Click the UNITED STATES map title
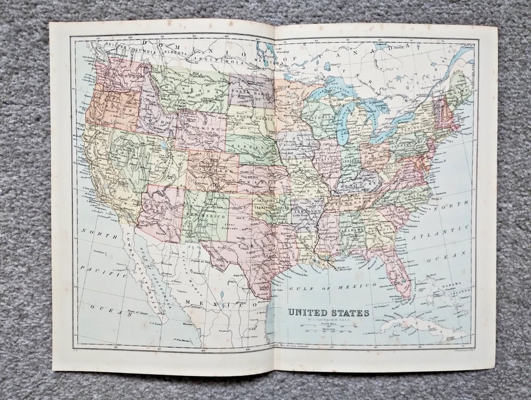[329, 312]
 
